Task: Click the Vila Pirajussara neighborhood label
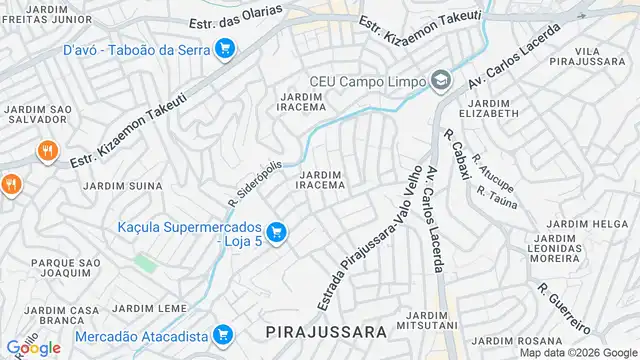pos(602,56)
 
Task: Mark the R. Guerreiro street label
pos(563,307)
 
